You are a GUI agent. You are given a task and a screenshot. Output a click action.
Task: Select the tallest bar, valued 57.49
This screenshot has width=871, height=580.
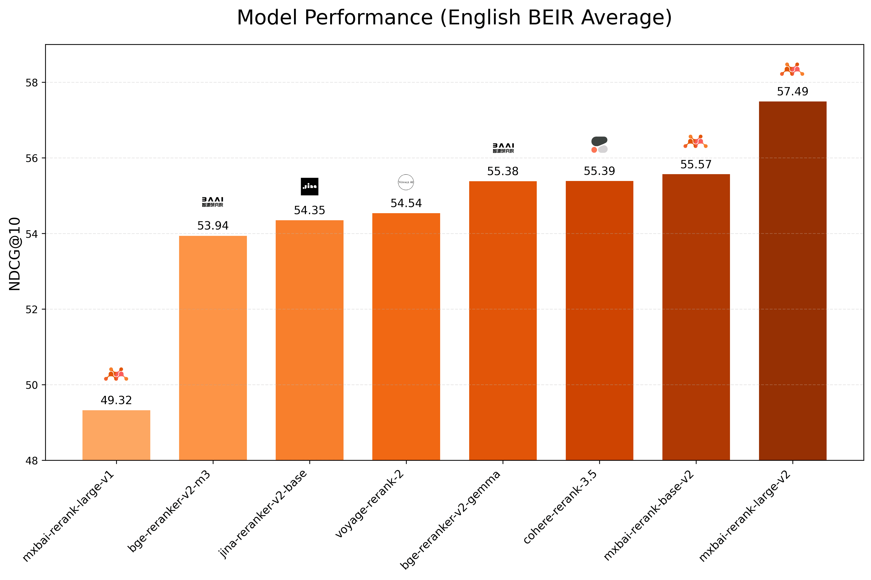pos(792,281)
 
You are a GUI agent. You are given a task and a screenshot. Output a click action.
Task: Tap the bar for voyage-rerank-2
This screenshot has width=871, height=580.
pos(406,337)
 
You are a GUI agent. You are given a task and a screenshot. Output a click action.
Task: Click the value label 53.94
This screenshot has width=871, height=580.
pos(213,226)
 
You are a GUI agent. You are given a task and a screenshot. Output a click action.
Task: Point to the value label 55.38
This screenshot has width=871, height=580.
pos(502,171)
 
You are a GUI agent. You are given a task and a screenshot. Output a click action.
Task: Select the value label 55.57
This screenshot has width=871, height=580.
pos(696,164)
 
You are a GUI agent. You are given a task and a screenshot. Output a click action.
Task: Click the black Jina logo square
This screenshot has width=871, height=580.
pos(309,186)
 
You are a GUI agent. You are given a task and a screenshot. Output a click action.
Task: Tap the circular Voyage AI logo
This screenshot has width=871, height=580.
pos(406,182)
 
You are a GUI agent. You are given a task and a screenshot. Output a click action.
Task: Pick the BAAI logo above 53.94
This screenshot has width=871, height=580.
pos(213,202)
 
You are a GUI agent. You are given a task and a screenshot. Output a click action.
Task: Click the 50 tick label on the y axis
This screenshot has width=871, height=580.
pos(32,385)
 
